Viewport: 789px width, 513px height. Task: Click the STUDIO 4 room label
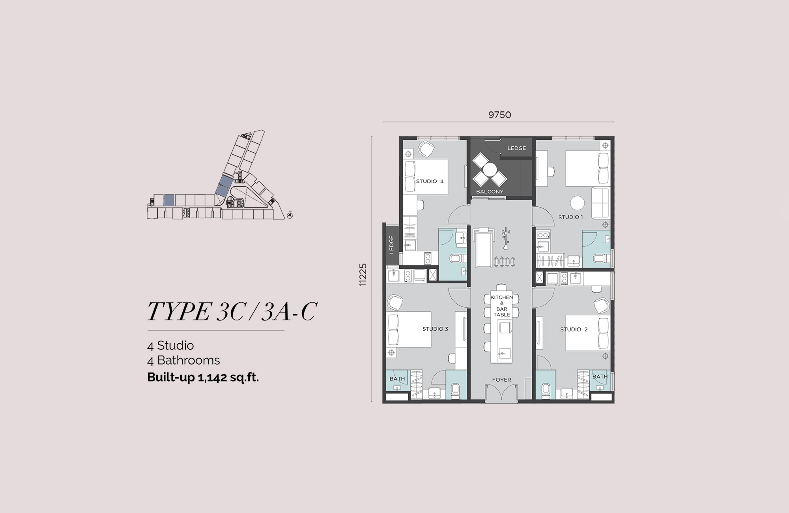click(x=430, y=182)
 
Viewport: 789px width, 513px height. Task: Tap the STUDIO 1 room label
click(x=570, y=217)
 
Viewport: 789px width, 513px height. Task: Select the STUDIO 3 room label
click(x=435, y=329)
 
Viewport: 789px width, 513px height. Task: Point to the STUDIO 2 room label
click(x=574, y=329)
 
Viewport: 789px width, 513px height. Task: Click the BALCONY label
click(x=490, y=192)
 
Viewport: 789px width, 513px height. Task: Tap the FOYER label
click(x=501, y=380)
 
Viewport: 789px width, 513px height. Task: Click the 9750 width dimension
click(x=499, y=115)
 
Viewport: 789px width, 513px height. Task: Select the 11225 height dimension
click(x=363, y=274)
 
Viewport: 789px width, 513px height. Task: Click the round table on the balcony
click(x=490, y=170)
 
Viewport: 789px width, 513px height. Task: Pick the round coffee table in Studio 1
click(x=577, y=203)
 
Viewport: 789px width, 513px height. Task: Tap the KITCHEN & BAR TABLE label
click(x=501, y=306)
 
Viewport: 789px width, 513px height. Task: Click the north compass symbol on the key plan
click(x=290, y=215)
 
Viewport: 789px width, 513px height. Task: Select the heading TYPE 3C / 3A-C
click(x=232, y=311)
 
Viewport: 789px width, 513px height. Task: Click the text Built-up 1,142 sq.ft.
click(x=203, y=377)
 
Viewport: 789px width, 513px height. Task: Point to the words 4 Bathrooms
click(x=183, y=360)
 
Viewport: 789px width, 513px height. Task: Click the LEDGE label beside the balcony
click(x=516, y=148)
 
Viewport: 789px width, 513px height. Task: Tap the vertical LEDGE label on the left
click(x=391, y=244)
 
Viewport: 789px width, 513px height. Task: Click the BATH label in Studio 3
click(x=397, y=379)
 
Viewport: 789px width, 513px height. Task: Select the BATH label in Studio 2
click(x=600, y=377)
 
